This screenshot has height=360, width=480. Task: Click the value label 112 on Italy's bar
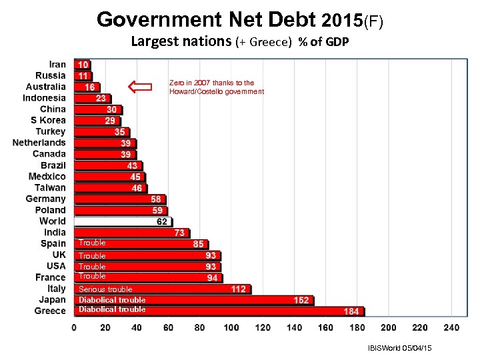click(x=239, y=289)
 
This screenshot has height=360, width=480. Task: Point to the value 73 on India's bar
click(x=180, y=233)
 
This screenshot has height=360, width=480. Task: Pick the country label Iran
click(x=58, y=65)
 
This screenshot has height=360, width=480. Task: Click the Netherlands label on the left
click(x=39, y=143)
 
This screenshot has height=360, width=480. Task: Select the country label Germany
click(x=46, y=199)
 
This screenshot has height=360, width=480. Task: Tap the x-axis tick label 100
click(x=231, y=328)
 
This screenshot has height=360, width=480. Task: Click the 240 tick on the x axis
click(x=451, y=328)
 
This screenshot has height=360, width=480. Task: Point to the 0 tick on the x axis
click(x=74, y=328)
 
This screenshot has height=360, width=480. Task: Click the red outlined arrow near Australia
click(x=139, y=86)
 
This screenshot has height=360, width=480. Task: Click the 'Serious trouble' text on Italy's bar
click(x=105, y=289)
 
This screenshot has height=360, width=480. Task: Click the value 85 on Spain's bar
click(x=199, y=245)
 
